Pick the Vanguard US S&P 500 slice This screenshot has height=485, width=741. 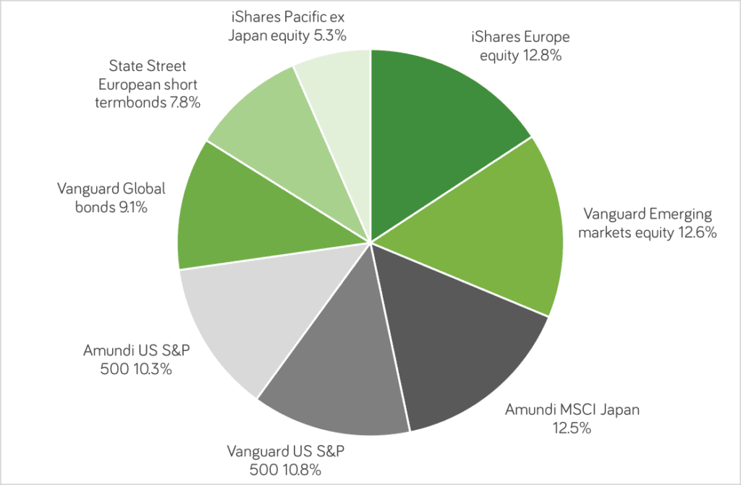click(340, 376)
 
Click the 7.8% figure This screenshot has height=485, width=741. click(185, 103)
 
